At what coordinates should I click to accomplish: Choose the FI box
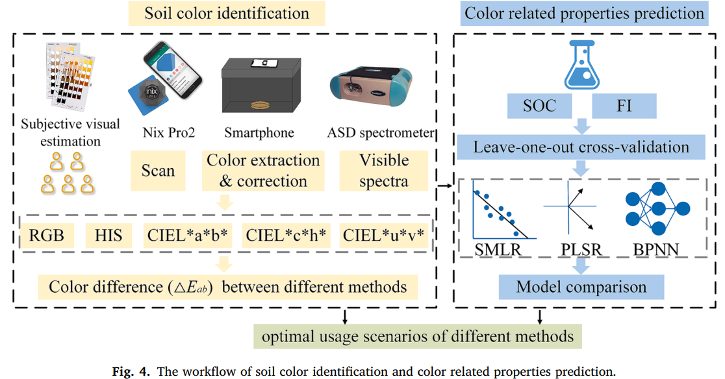click(624, 105)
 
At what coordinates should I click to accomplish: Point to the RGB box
click(47, 234)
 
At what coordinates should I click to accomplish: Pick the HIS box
click(108, 234)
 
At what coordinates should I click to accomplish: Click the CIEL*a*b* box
click(186, 234)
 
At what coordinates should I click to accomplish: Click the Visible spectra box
click(384, 171)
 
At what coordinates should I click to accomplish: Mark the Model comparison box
click(581, 286)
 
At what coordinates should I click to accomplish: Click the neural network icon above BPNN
click(657, 208)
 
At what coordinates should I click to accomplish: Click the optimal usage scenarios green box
click(417, 337)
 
